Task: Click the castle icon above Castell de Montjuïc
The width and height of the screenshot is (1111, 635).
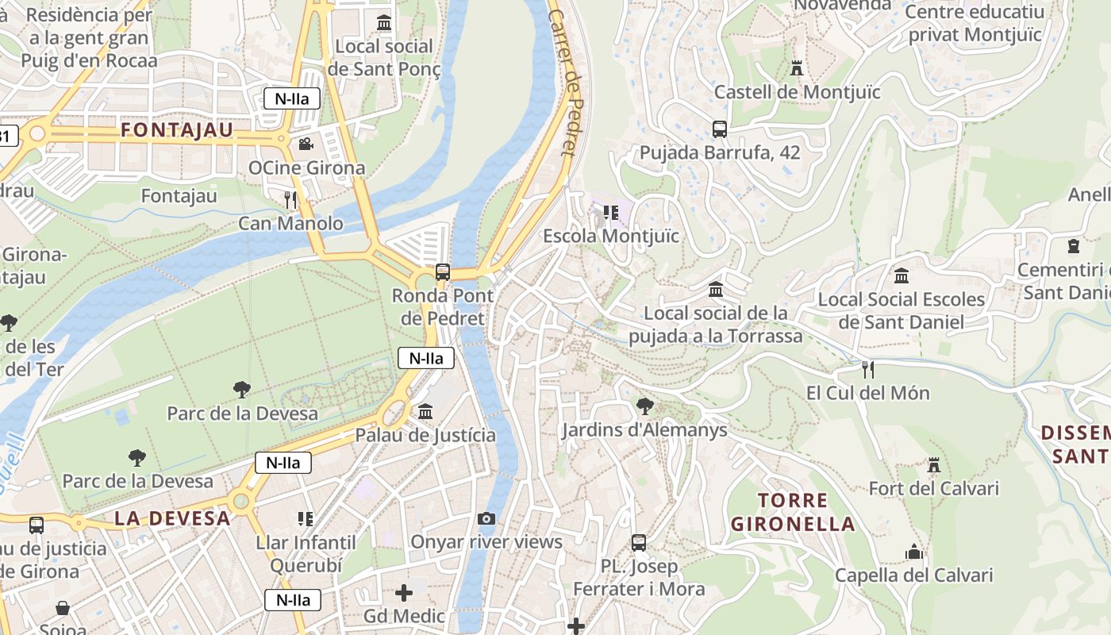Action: (x=797, y=68)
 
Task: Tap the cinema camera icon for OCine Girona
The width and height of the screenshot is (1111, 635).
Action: (x=306, y=144)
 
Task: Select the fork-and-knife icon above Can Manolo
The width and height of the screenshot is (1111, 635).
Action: (x=290, y=199)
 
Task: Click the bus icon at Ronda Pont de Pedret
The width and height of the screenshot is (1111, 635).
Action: (x=443, y=272)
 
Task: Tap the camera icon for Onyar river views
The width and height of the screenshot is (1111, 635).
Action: (x=486, y=518)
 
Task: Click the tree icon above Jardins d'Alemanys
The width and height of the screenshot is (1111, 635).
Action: (x=644, y=406)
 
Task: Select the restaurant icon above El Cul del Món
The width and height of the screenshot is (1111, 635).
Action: (x=868, y=369)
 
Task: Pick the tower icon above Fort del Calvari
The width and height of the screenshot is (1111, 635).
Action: (x=934, y=464)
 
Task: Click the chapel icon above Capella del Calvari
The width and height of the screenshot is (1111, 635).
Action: (x=914, y=552)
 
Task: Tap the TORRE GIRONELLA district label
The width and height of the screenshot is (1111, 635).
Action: (x=793, y=512)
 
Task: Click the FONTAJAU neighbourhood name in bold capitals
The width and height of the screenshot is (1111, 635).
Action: (x=177, y=130)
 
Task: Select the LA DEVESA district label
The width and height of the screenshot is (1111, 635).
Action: (x=172, y=518)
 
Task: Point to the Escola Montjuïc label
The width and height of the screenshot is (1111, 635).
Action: (x=611, y=236)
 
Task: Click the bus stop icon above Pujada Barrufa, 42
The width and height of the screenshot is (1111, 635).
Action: (x=720, y=129)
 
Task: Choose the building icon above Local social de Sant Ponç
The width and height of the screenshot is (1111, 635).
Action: (x=385, y=23)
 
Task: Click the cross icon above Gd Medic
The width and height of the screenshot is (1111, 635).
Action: (x=404, y=593)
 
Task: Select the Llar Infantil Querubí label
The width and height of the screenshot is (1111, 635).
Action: (x=306, y=554)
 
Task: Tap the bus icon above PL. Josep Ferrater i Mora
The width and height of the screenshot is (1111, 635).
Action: (x=639, y=543)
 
